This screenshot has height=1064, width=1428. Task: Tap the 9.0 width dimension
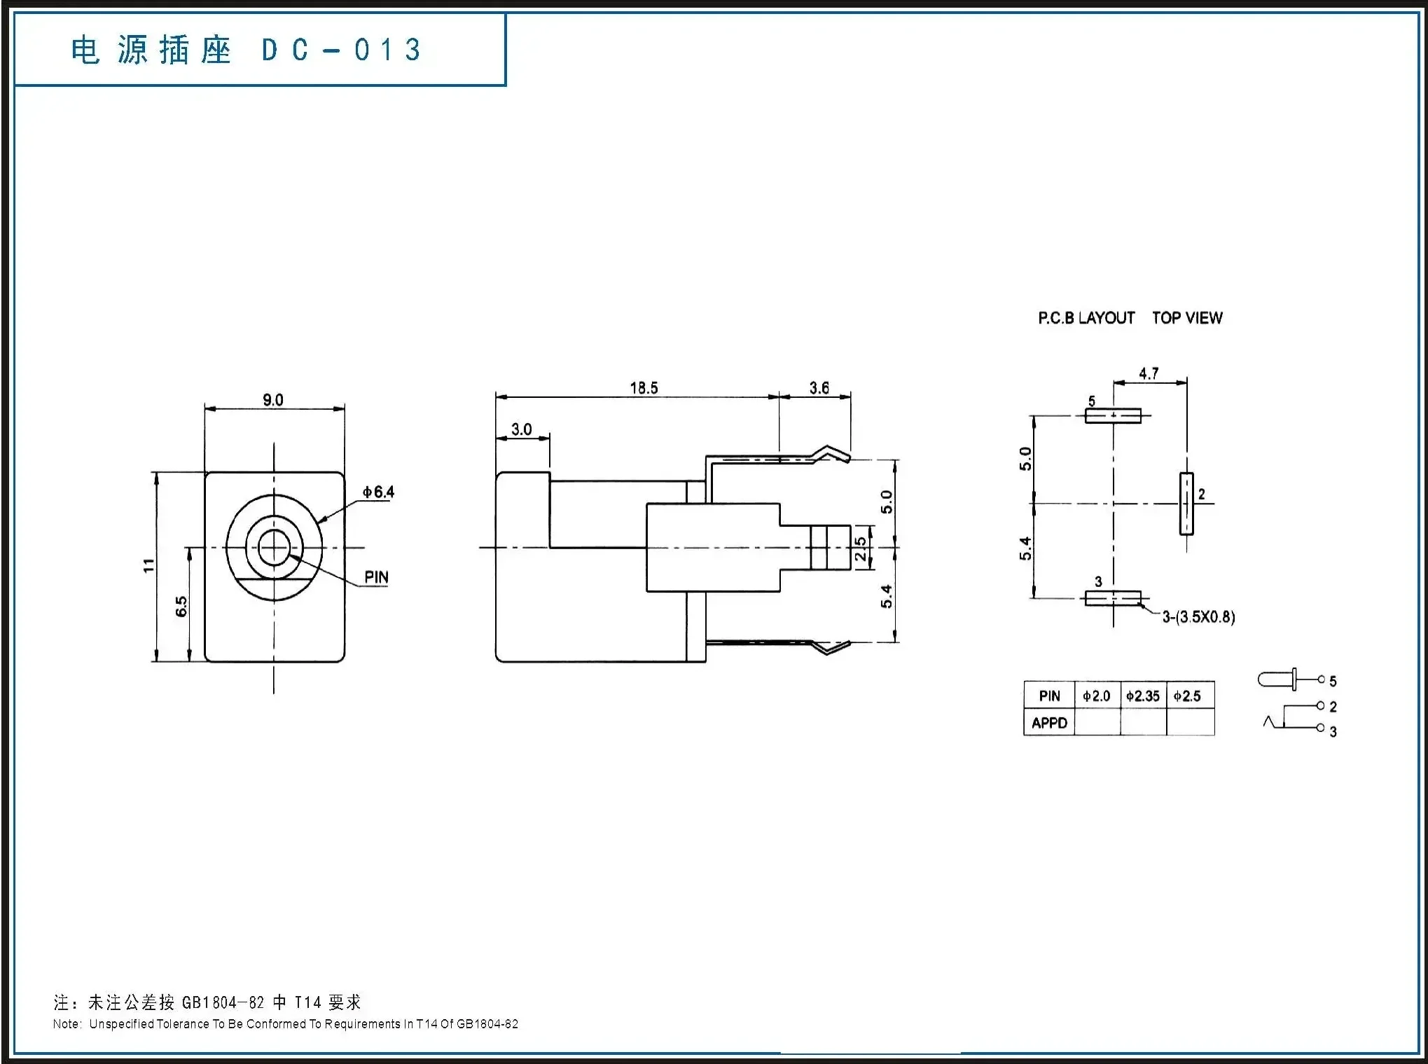point(273,400)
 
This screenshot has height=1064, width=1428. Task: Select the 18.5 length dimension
point(644,388)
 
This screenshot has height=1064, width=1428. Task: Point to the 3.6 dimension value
point(819,388)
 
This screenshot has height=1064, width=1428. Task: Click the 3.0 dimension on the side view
point(521,429)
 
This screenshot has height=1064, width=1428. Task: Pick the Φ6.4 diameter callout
point(378,492)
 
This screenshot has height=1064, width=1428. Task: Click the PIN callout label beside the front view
point(376,577)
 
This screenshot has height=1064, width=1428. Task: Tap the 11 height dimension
point(148,565)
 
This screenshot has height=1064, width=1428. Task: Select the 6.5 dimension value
point(181,607)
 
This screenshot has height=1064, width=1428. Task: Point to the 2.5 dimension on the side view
point(861,548)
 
